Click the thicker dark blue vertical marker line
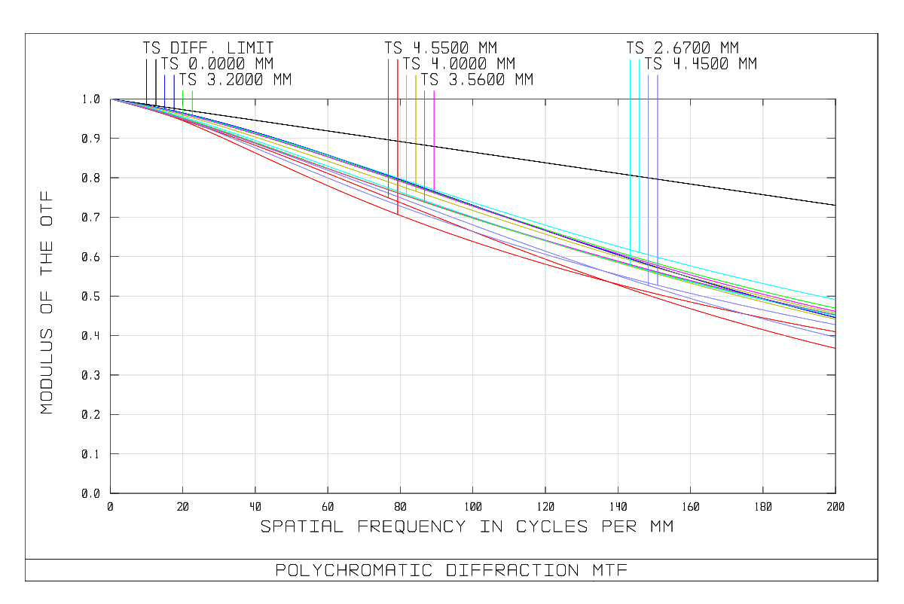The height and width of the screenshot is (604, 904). (x=174, y=90)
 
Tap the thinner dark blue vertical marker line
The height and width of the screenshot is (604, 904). (x=165, y=90)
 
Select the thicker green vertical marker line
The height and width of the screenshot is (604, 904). (x=192, y=102)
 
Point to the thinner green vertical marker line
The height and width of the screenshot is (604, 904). (x=183, y=102)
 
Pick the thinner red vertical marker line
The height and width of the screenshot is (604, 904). (x=389, y=113)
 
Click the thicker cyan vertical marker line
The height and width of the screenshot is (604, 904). (x=640, y=151)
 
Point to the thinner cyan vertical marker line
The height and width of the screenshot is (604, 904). (x=631, y=151)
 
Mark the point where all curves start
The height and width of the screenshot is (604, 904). (x=111, y=99)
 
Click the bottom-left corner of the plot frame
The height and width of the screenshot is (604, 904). (x=111, y=493)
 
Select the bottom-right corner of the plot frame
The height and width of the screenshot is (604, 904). (x=835, y=493)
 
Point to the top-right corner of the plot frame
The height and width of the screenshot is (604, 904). (x=835, y=99)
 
